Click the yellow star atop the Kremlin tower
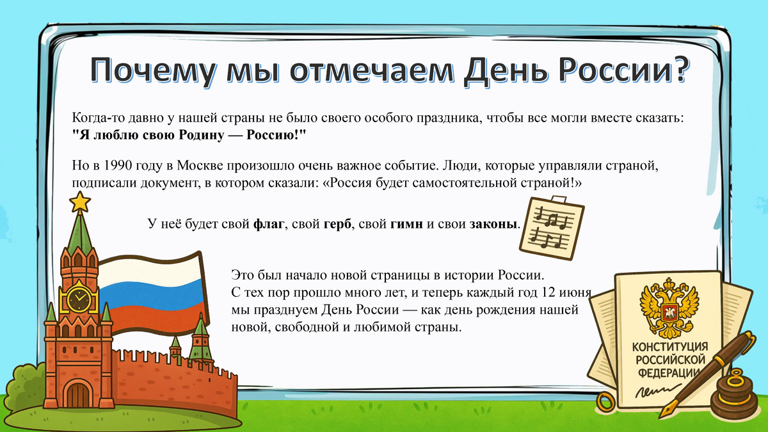coord(80,202)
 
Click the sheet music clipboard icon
coord(551,225)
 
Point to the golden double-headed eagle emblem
coord(669,308)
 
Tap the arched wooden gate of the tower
coord(79,394)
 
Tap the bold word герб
coord(339,224)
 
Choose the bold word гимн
coord(406,224)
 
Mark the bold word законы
coord(493,224)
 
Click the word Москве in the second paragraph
coord(198,166)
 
